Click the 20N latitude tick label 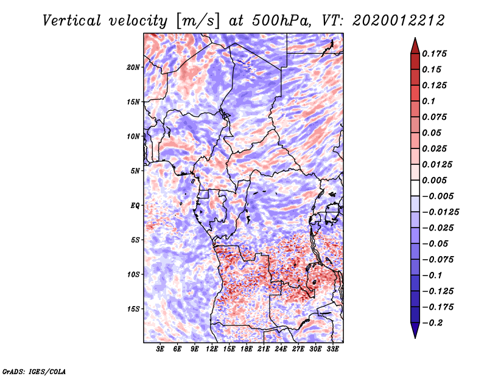pos(133,68)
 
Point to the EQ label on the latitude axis pos(135,206)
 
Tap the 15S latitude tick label pos(133,309)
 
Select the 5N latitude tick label pos(135,171)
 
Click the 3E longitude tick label pos(160,349)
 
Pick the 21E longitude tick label pos(264,349)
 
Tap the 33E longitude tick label pos(332,349)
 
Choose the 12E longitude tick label pos(211,349)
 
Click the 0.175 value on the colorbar pos(434,54)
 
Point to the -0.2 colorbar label pos(432,323)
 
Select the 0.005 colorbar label pos(434,180)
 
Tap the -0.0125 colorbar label pos(440,212)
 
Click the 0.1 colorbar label pos(429,101)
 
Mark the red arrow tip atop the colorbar pos(415,38)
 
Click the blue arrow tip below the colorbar pos(415,338)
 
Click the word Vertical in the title pos(72,21)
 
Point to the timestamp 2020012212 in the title pos(399,21)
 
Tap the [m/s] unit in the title pos(198,21)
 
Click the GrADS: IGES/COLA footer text pos(34,371)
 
